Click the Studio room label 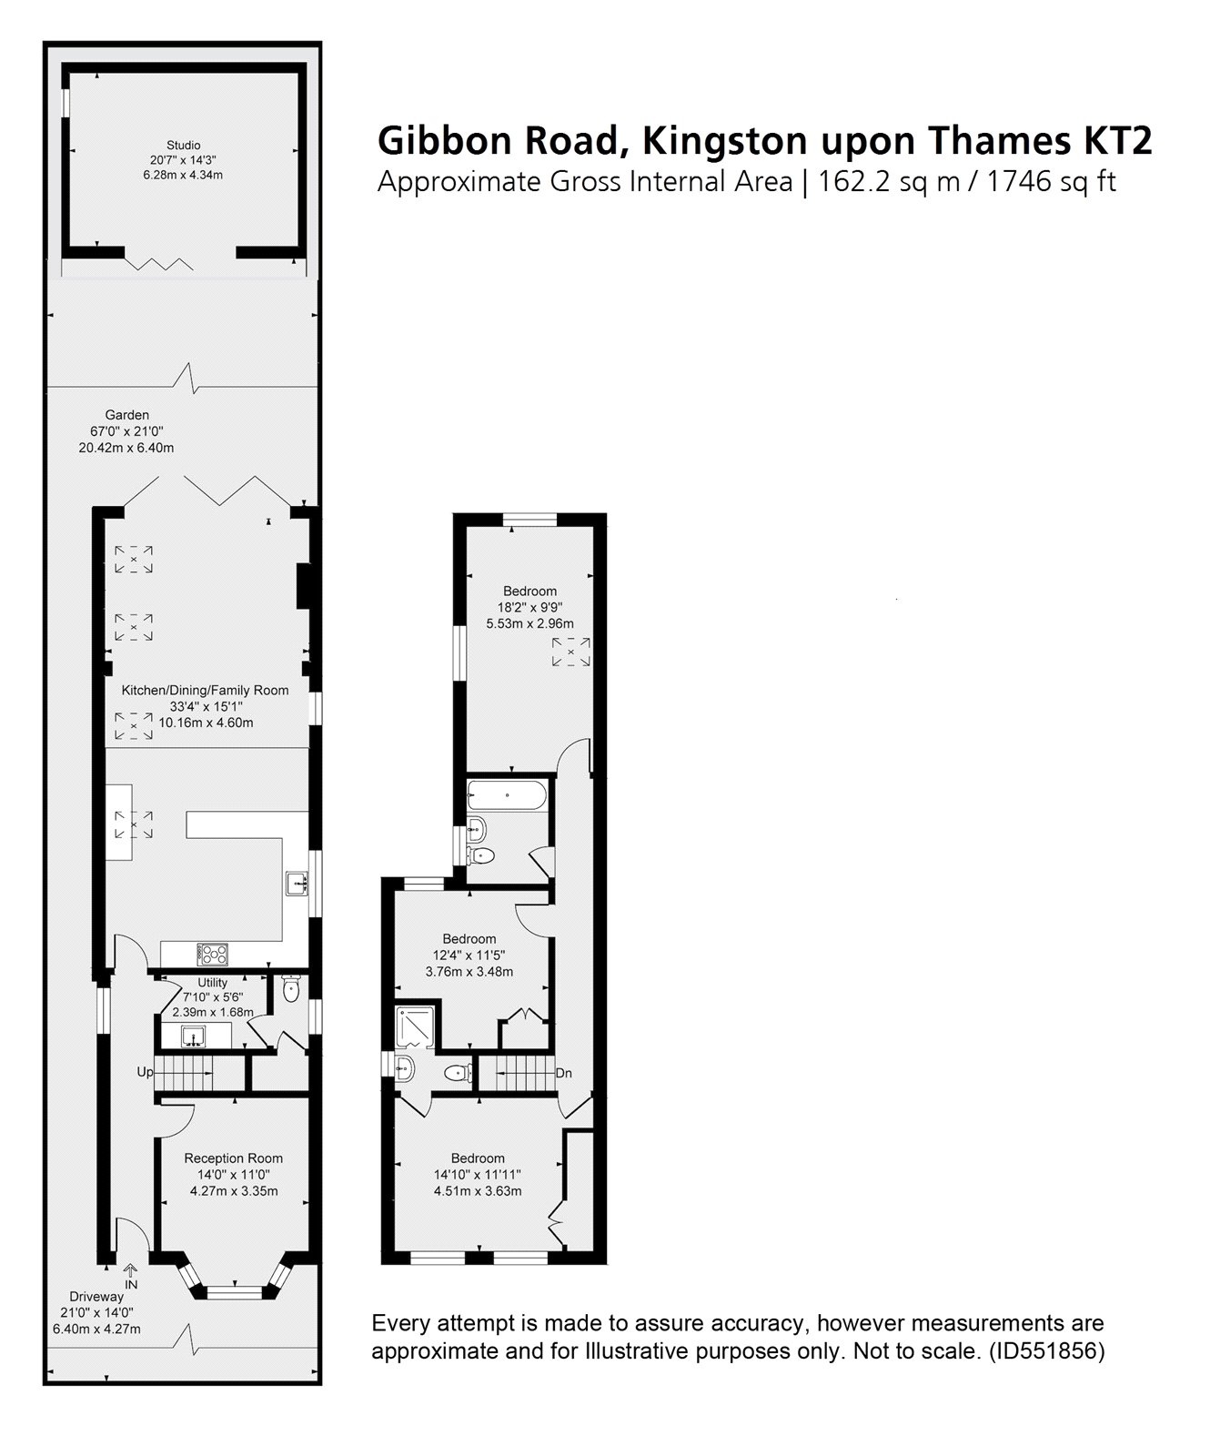(183, 145)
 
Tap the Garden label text (126, 415)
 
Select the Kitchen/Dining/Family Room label (206, 690)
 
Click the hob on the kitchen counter (213, 954)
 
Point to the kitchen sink (296, 883)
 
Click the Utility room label (213, 983)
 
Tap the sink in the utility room (192, 1036)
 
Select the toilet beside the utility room (290, 989)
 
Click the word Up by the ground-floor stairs (145, 1072)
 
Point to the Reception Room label (233, 1158)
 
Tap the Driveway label (96, 1296)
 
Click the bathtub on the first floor (507, 795)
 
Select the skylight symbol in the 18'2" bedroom (571, 652)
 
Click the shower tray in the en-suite (416, 1026)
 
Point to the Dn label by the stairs (563, 1074)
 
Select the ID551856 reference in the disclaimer (1046, 1351)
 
